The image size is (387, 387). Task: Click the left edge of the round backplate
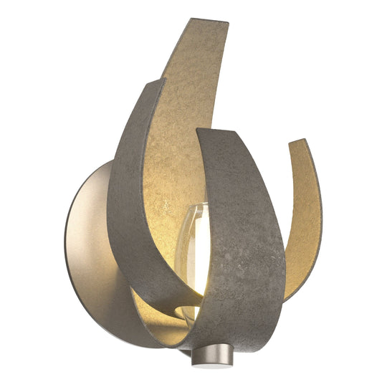tap(65, 244)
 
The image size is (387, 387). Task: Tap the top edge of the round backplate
tap(107, 163)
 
